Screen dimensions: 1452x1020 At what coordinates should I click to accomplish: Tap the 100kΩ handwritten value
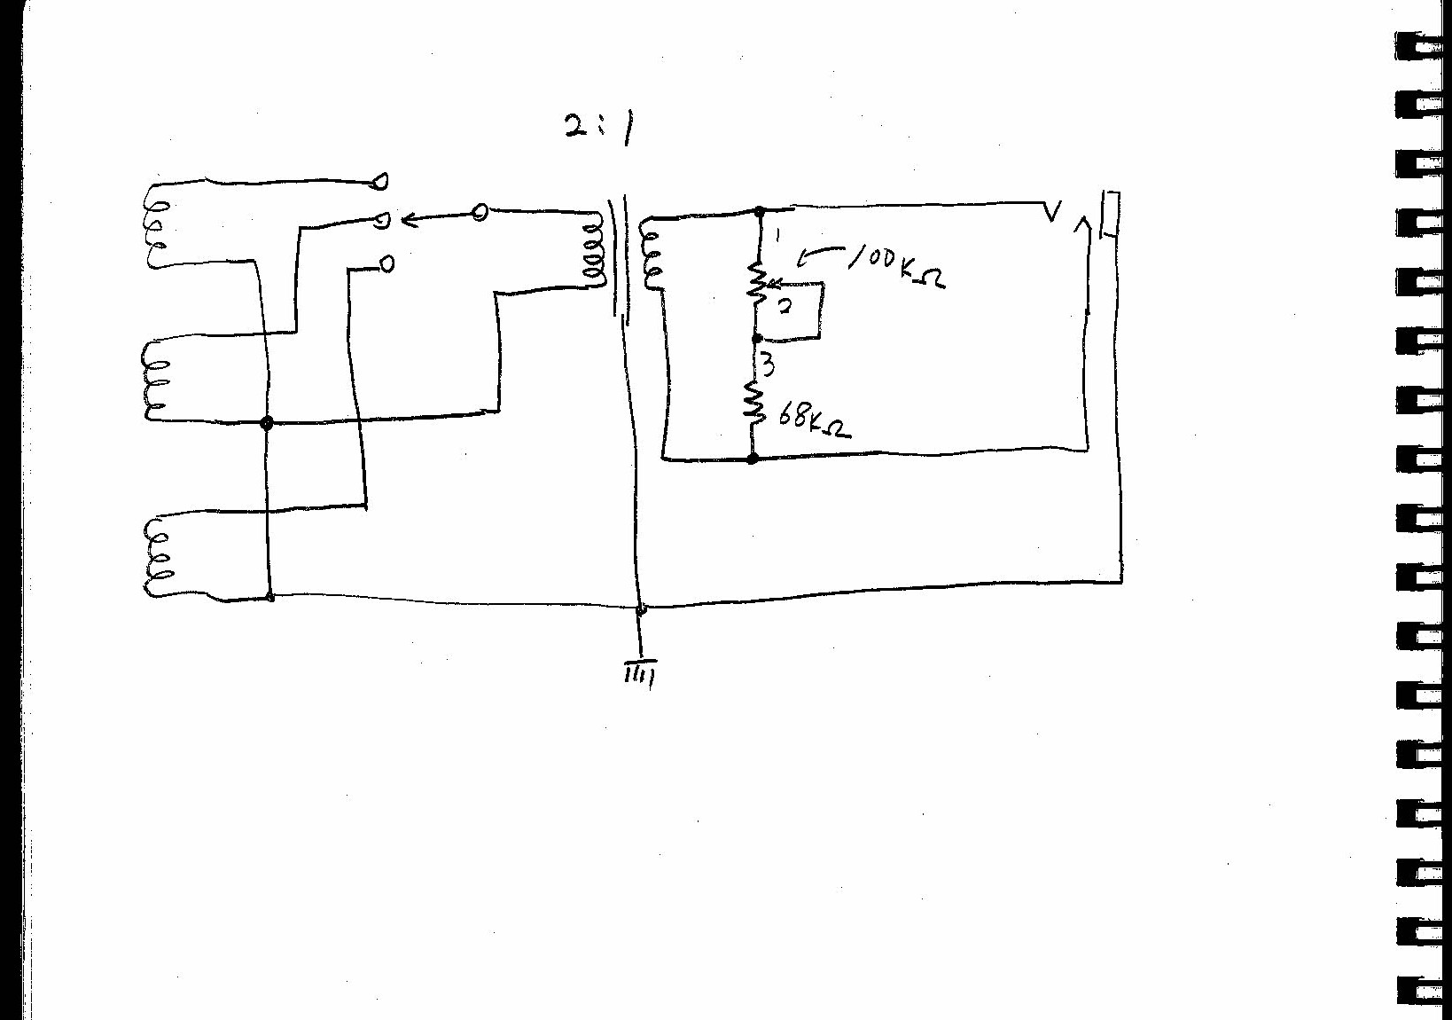(x=897, y=265)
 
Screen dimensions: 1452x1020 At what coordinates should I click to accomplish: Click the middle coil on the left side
(x=153, y=380)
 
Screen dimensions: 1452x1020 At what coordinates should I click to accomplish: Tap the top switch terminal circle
(x=380, y=182)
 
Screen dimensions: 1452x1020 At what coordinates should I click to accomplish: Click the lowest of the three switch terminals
(x=386, y=263)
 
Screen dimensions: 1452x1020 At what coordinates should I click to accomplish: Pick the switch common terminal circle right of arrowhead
(x=480, y=212)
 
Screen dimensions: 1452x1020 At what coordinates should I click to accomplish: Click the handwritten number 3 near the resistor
(x=768, y=365)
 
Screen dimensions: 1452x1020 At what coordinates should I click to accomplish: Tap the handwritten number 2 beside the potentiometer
(x=785, y=308)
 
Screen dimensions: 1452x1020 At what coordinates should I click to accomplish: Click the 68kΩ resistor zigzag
(x=752, y=402)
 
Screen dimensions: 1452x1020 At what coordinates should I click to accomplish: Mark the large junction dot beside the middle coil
(x=266, y=423)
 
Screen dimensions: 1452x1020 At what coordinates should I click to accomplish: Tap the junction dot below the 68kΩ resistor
(x=753, y=459)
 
